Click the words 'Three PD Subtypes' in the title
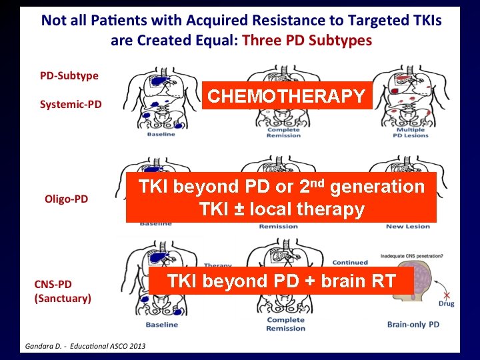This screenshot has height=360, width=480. pos(307,40)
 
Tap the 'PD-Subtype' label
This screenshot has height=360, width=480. pos(69,75)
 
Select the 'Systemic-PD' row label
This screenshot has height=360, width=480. pos(71,104)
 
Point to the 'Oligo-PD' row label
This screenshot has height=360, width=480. pos(66,199)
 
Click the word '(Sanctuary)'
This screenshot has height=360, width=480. pos(63,298)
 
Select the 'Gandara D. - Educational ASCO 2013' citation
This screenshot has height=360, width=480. pos(86,345)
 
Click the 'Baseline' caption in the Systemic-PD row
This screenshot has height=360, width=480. pos(161,134)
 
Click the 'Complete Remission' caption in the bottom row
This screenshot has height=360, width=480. pos(285,324)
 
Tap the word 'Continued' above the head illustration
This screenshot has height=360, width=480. pos(350,262)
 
